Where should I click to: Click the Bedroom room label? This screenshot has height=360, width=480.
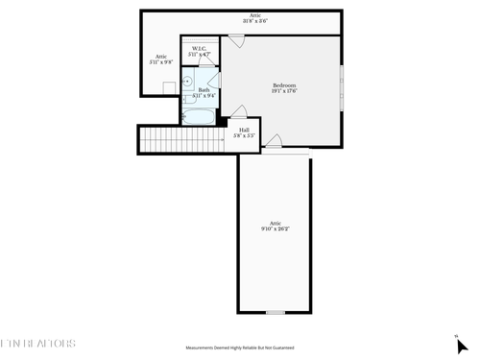coord(283,84)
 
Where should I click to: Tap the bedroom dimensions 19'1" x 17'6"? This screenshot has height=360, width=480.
coord(283,91)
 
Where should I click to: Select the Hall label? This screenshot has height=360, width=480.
coord(244,131)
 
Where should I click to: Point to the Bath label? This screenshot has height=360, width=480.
coord(204,89)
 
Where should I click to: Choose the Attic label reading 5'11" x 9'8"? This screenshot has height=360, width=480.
coord(161,59)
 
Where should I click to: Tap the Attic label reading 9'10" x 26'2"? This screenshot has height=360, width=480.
coord(276,226)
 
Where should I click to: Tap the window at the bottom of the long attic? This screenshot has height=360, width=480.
coord(276,312)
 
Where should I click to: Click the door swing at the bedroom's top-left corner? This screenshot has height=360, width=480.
coord(235,41)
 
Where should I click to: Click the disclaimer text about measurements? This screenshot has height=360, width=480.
coord(240,348)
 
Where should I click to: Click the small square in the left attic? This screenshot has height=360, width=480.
coord(170,87)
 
